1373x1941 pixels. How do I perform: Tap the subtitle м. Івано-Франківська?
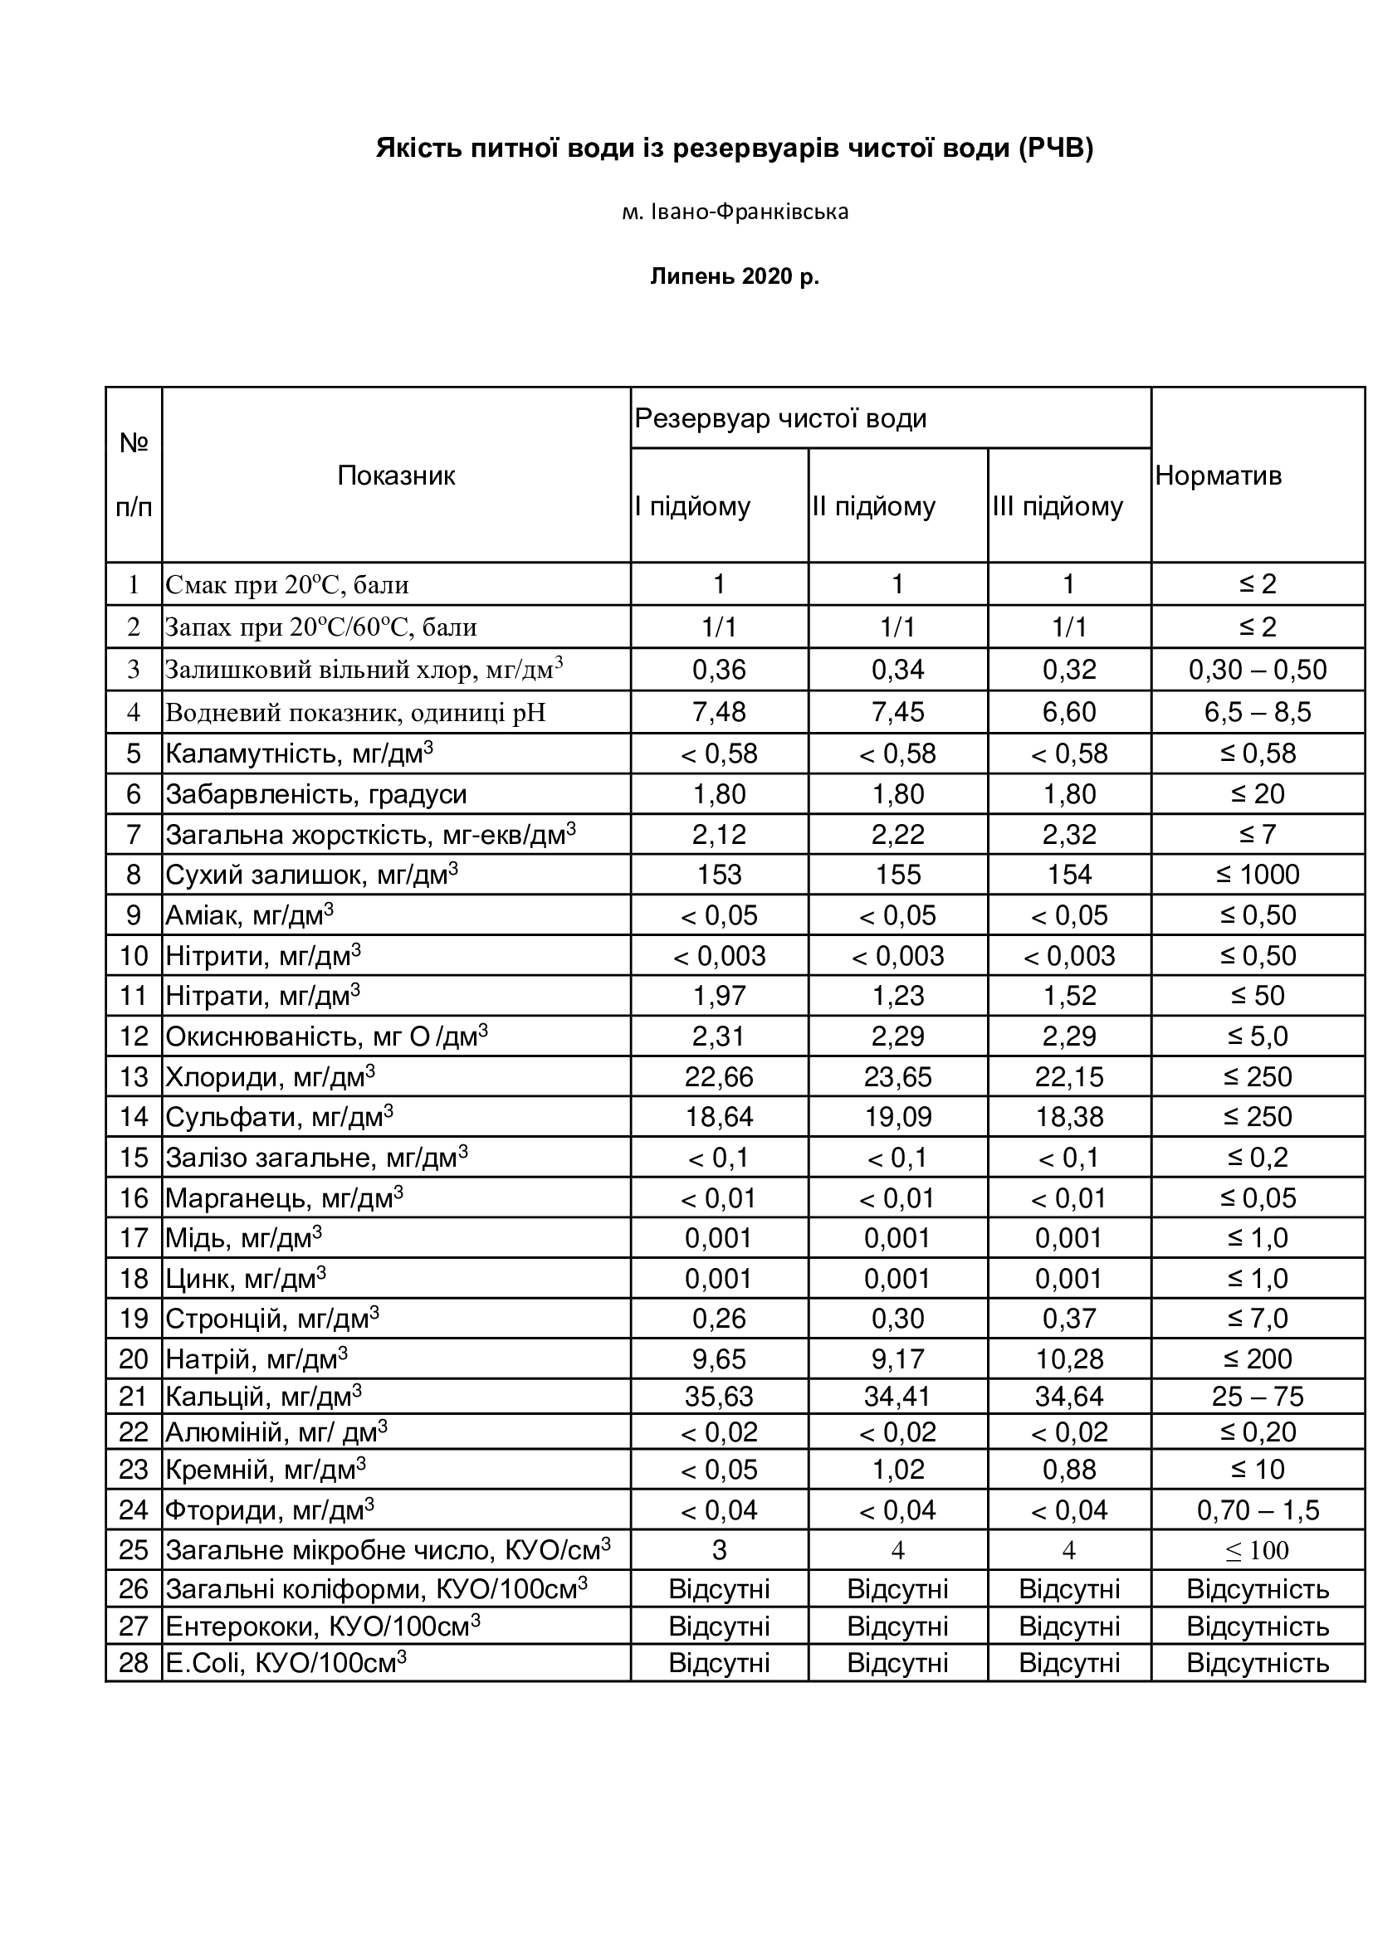[x=735, y=212]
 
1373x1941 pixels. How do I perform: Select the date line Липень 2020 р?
[x=735, y=276]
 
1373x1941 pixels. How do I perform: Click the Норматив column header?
[x=1219, y=476]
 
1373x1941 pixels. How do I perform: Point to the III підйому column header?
[x=1058, y=506]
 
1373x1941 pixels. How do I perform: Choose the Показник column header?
[x=396, y=476]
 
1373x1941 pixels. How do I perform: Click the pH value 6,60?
[x=1068, y=712]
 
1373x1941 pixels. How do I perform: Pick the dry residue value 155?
[x=897, y=874]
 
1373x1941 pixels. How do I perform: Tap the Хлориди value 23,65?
[x=897, y=1077]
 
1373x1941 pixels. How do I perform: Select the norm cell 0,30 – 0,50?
[x=1257, y=670]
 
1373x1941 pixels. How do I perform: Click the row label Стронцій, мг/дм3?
[x=272, y=1319]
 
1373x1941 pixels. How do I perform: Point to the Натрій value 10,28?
[x=1068, y=1359]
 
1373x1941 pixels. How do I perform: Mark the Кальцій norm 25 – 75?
[x=1257, y=1397]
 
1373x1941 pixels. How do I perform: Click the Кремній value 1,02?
[x=897, y=1470]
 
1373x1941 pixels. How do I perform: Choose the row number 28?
[x=134, y=1663]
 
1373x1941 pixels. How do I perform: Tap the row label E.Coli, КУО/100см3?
[x=286, y=1663]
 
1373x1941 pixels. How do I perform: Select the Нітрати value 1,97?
[x=719, y=996]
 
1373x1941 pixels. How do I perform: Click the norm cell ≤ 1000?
[x=1257, y=874]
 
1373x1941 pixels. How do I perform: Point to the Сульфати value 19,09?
[x=897, y=1117]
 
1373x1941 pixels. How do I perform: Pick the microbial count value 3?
[x=719, y=1550]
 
